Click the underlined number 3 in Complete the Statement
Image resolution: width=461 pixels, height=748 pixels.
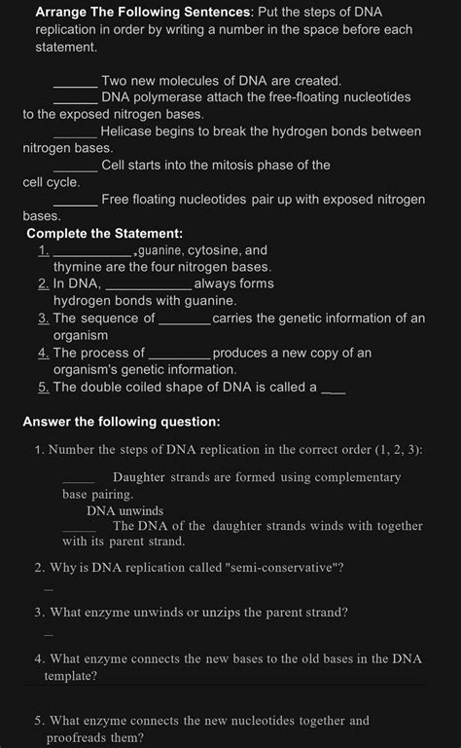[x=44, y=318]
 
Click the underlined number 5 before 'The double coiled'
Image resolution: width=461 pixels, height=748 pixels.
[x=44, y=388]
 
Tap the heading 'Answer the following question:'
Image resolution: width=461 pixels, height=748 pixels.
[x=122, y=422]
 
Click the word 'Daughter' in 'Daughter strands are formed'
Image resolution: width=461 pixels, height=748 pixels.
[x=140, y=477]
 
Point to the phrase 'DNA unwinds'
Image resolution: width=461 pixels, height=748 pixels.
[x=124, y=510]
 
